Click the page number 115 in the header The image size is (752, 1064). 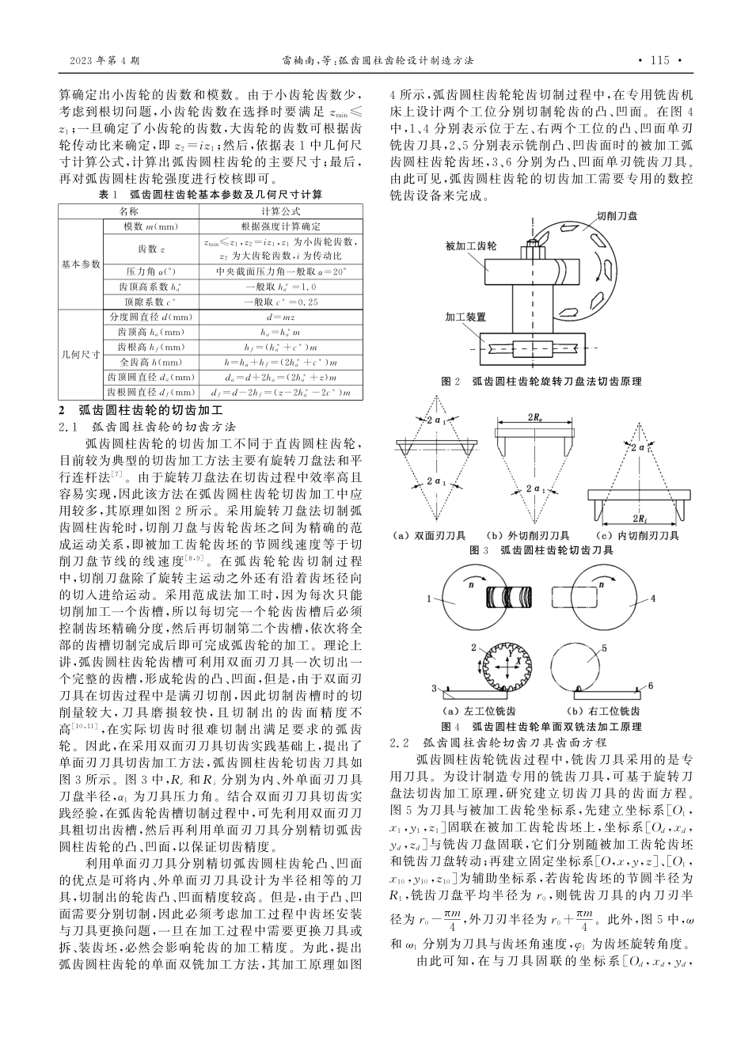(659, 60)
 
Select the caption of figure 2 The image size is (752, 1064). (547, 381)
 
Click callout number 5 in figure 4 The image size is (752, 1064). (603, 648)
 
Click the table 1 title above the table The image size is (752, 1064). (210, 193)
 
